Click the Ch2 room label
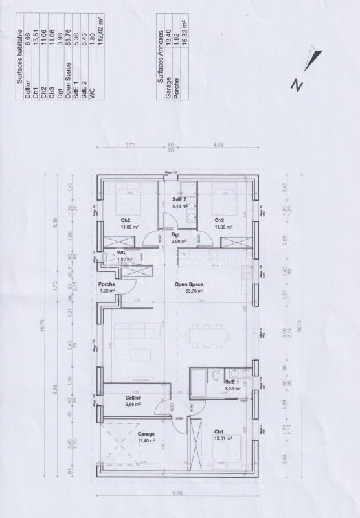click(x=126, y=220)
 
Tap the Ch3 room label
click(x=220, y=220)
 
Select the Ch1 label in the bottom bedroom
click(x=219, y=431)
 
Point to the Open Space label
click(x=188, y=284)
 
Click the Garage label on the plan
click(x=146, y=434)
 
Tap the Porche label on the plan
click(x=107, y=284)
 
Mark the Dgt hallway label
click(x=175, y=235)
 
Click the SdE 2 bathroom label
click(x=179, y=199)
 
